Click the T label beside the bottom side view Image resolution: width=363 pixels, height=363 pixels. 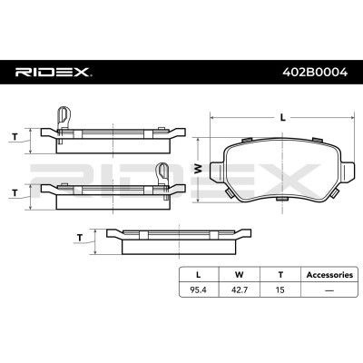(x=80, y=238)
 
